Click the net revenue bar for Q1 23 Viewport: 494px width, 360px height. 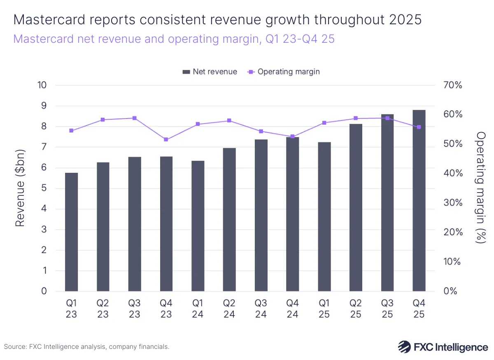click(x=71, y=232)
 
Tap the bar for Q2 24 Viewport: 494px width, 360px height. click(x=229, y=220)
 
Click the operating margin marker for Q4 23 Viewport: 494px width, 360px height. click(x=166, y=139)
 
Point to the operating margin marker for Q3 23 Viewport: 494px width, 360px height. click(x=135, y=118)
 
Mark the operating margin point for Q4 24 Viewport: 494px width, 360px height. click(x=292, y=136)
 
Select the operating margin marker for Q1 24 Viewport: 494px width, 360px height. click(x=198, y=124)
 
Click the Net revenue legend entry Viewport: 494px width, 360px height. click(x=210, y=72)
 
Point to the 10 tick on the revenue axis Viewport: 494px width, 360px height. click(x=42, y=85)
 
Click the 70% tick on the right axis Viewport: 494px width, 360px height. click(x=453, y=85)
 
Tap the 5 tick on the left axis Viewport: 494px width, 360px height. click(x=44, y=188)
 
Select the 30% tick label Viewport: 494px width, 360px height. click(x=453, y=203)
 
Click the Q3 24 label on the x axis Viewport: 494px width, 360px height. click(x=261, y=309)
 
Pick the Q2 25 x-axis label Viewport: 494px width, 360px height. click(x=356, y=309)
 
